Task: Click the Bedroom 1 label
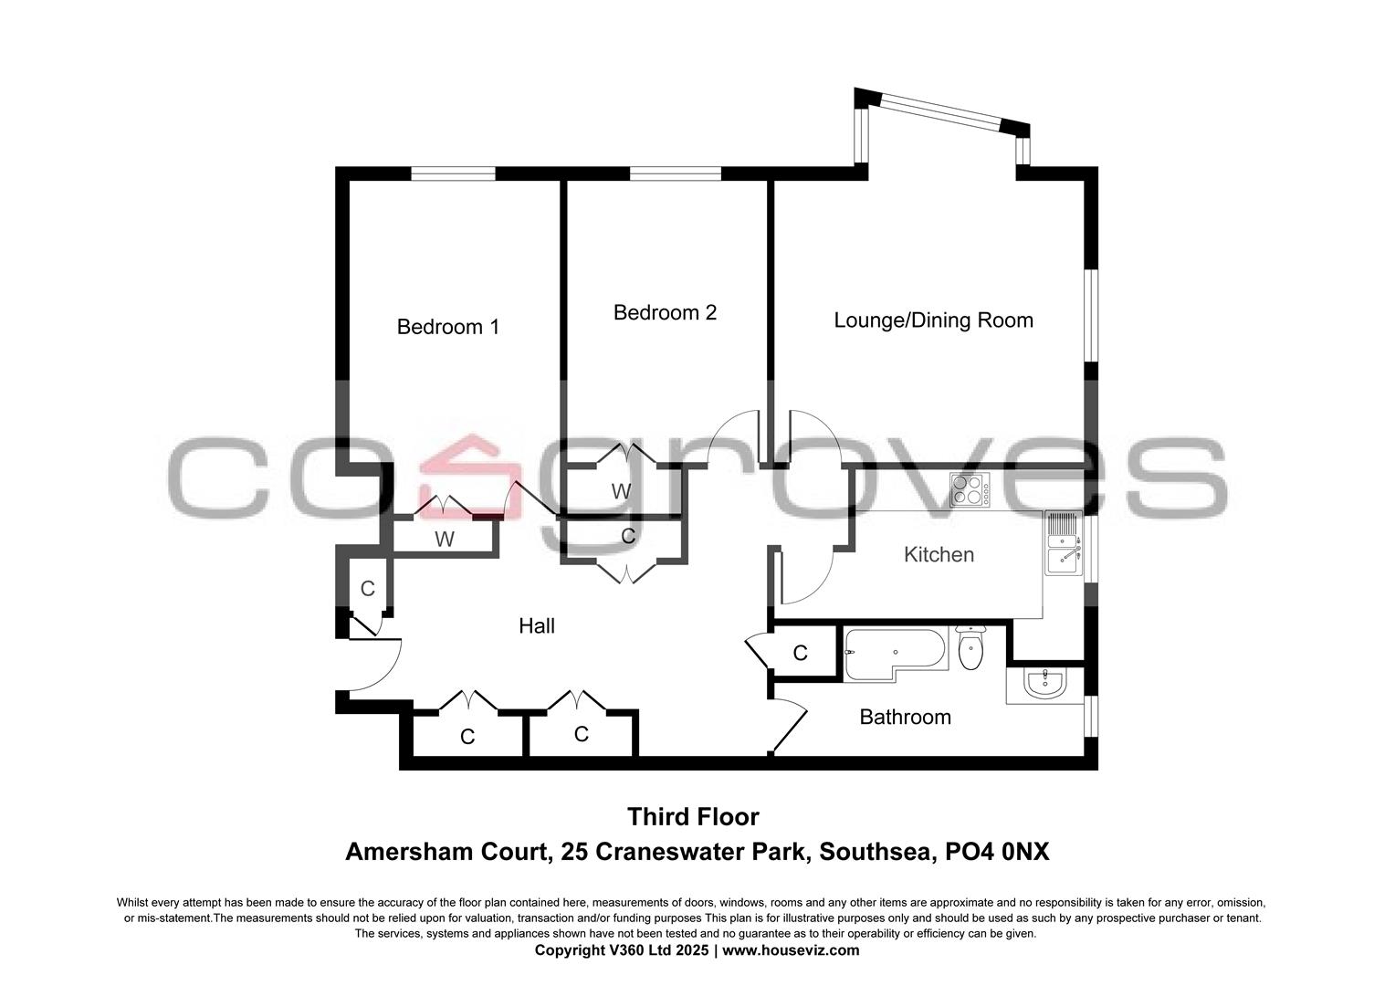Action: (x=447, y=327)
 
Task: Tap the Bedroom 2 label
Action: (x=665, y=312)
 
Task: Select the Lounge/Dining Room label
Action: (x=933, y=320)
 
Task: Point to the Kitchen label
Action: (x=939, y=554)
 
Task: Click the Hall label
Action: (x=537, y=625)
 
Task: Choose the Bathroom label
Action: (x=905, y=718)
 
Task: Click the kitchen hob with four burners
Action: (x=970, y=490)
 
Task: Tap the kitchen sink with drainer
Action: (x=1063, y=542)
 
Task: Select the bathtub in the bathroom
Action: (x=890, y=653)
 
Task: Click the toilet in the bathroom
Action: (x=970, y=647)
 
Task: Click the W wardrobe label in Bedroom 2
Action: (x=621, y=491)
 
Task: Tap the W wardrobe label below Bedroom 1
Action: (x=444, y=540)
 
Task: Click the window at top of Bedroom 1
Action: (x=453, y=173)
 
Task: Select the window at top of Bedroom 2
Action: (x=675, y=173)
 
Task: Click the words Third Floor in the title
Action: (x=692, y=815)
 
